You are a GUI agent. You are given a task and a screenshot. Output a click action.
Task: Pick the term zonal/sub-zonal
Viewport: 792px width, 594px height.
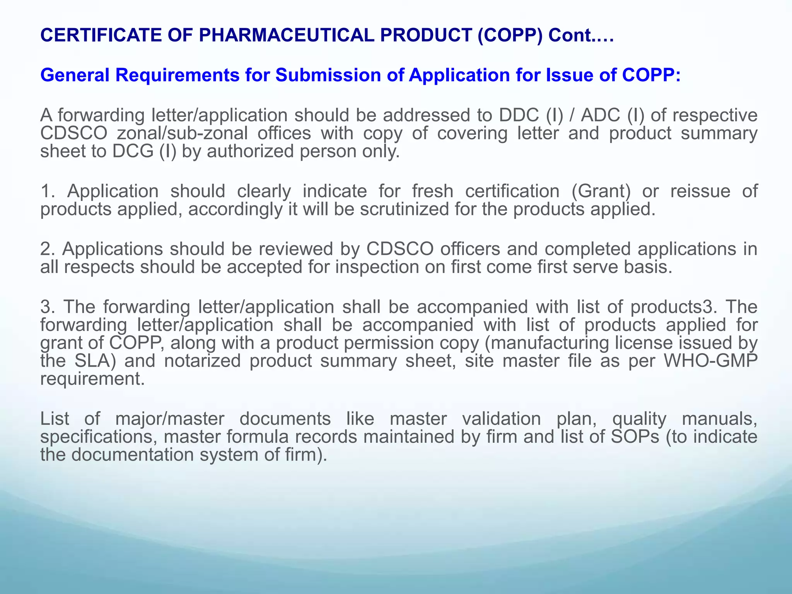(182, 133)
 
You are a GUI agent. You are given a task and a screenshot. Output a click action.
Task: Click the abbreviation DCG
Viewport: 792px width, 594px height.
(133, 151)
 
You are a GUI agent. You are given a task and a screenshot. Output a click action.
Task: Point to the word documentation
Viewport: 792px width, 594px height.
(133, 455)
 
